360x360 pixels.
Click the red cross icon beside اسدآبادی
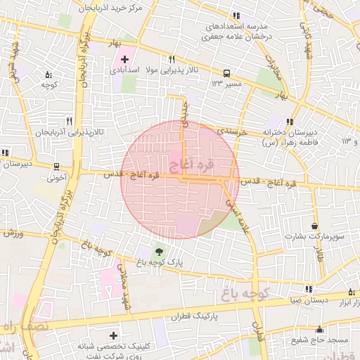[125, 59]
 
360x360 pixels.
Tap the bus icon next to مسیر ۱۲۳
[226, 73]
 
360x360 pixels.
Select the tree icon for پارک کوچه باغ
[159, 251]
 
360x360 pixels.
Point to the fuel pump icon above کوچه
[49, 75]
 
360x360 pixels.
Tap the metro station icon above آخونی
[56, 167]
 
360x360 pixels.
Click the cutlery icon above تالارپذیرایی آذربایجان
[69, 121]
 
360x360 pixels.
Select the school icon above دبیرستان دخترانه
[292, 121]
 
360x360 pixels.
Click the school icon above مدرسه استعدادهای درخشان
[237, 15]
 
